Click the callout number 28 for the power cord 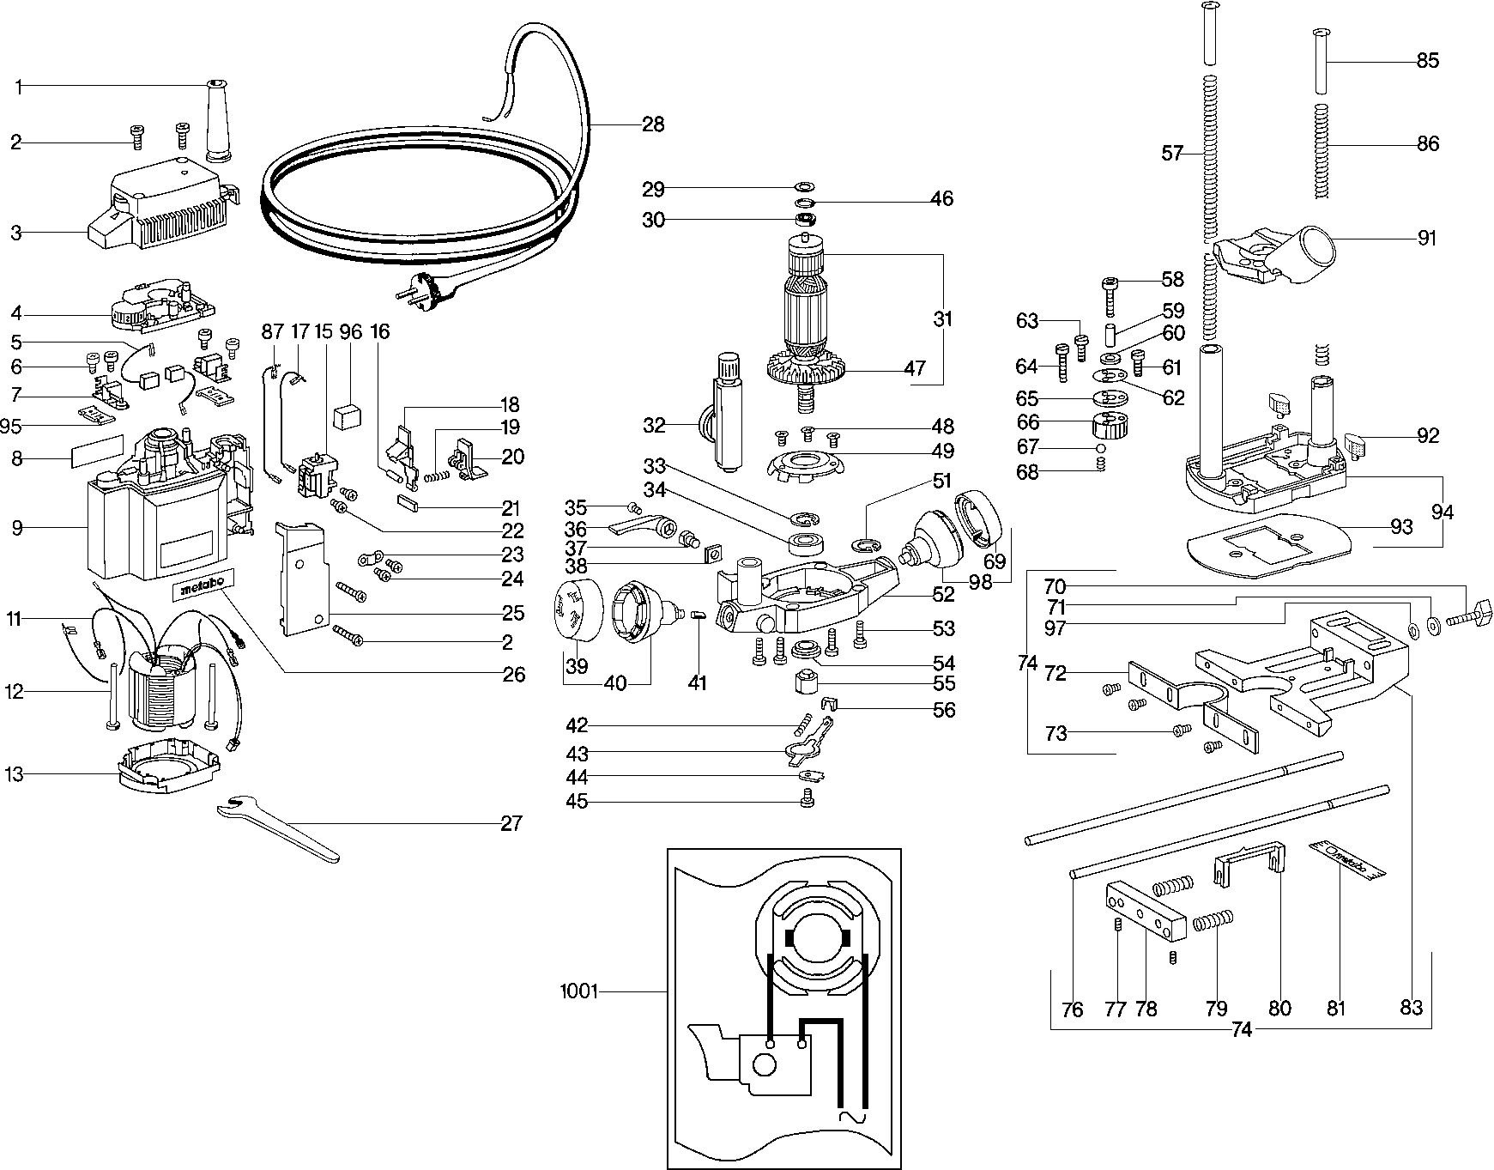pos(653,124)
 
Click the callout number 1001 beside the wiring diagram pos(578,991)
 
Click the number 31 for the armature pos(943,319)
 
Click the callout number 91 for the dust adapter pos(1427,238)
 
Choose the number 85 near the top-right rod pos(1428,61)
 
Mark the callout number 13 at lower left pos(14,775)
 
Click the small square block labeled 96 pos(350,415)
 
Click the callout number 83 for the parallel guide pos(1412,1008)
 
